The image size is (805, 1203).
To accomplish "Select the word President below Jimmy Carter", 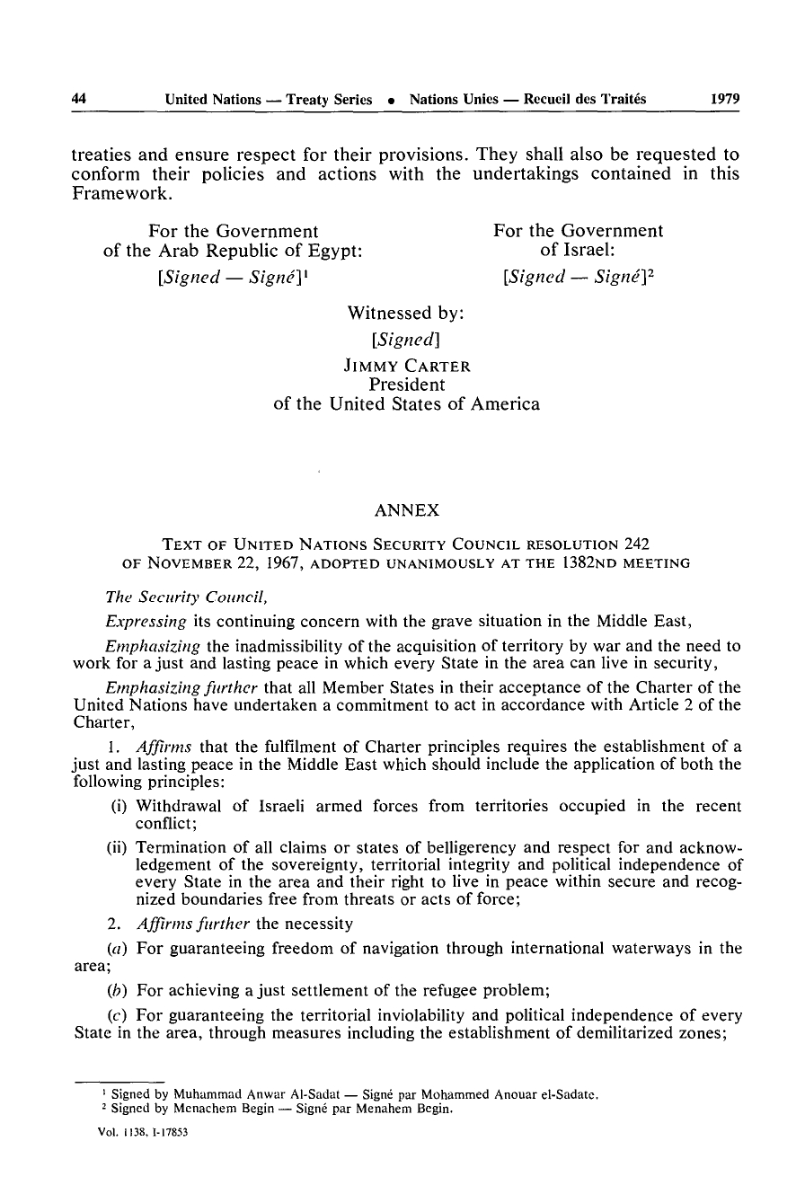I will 407,385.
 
